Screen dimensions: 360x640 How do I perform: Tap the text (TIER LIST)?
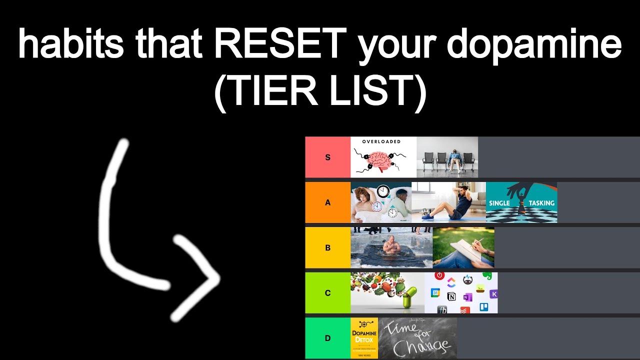point(320,92)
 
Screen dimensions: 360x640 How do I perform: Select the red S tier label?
point(328,157)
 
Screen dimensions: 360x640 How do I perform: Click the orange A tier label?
point(328,202)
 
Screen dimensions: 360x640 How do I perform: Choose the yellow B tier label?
point(328,248)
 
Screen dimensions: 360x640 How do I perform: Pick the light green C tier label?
point(328,293)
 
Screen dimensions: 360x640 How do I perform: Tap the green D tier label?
point(328,338)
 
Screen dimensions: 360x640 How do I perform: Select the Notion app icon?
point(451,297)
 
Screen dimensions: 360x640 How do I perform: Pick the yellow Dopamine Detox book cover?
point(364,338)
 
